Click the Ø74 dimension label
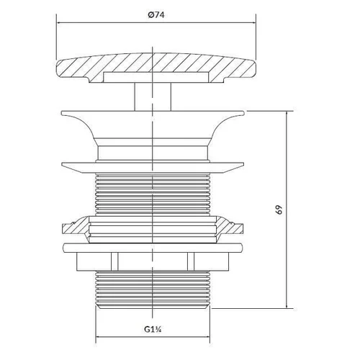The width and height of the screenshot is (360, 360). [x=156, y=15]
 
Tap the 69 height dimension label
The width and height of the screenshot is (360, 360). [x=279, y=210]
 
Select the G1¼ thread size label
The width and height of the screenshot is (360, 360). [x=153, y=329]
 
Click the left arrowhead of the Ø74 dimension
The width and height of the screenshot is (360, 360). [x=58, y=23]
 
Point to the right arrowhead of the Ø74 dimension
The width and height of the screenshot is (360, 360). [x=253, y=23]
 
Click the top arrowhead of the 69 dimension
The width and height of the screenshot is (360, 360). [x=287, y=113]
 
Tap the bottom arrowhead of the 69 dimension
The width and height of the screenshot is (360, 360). [x=287, y=306]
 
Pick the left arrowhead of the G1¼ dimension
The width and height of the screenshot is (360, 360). [x=98, y=337]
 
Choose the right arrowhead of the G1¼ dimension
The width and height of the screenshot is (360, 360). [x=207, y=337]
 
